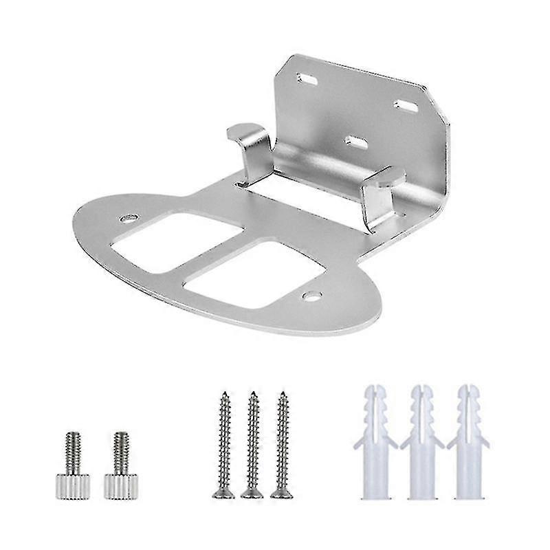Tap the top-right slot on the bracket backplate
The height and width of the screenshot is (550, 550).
(405, 104)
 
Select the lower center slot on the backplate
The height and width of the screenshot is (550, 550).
(355, 141)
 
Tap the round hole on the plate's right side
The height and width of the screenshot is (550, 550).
(311, 296)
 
